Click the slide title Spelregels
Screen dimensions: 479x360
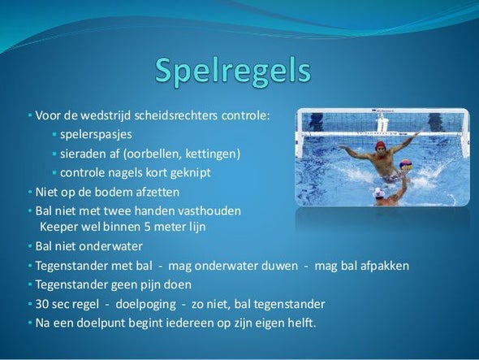(233, 72)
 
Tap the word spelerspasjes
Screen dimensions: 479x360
(96, 135)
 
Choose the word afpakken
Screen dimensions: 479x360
(385, 266)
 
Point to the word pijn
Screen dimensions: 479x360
(149, 285)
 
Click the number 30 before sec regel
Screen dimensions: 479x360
(42, 304)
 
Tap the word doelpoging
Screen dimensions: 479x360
(145, 305)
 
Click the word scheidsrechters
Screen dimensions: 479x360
(176, 116)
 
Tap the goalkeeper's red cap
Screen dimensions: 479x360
(381, 145)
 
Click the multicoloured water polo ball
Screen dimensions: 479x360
(406, 165)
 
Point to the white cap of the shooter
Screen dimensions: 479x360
(379, 193)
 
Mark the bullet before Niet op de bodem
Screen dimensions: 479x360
(30, 193)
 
